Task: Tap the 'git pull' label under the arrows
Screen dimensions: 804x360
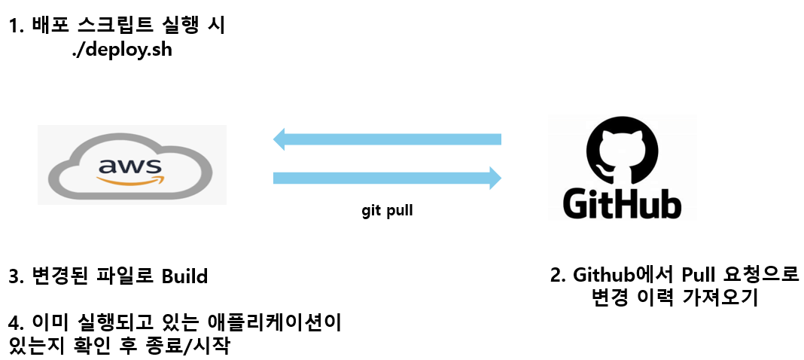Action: (387, 211)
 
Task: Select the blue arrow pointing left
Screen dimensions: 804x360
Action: (387, 139)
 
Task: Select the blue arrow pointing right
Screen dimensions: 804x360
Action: (387, 178)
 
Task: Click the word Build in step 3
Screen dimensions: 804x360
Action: (184, 276)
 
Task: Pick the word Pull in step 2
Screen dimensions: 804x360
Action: (703, 274)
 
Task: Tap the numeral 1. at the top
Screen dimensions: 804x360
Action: (17, 28)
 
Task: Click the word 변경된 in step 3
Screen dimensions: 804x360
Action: (59, 276)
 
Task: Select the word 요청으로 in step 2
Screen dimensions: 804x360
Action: (766, 274)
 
